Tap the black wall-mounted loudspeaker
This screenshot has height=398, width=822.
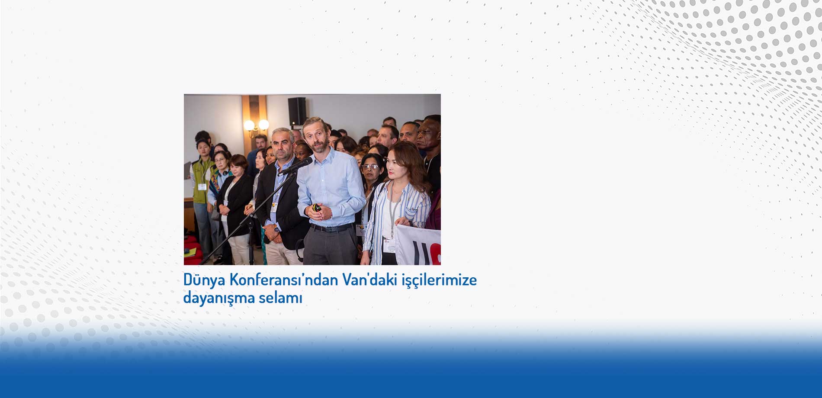(297, 111)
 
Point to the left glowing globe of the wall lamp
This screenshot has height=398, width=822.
(249, 125)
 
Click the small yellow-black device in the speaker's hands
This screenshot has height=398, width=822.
(317, 208)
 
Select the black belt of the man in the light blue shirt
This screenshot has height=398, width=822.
(331, 228)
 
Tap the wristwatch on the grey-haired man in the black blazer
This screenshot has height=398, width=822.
(275, 225)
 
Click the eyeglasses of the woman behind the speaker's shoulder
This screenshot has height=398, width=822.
(370, 167)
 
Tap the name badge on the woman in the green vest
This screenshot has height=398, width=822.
(202, 186)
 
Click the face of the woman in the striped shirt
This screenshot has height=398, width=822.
(398, 165)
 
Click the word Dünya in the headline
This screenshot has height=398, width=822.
(204, 280)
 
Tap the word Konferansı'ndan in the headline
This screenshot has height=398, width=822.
(283, 280)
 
